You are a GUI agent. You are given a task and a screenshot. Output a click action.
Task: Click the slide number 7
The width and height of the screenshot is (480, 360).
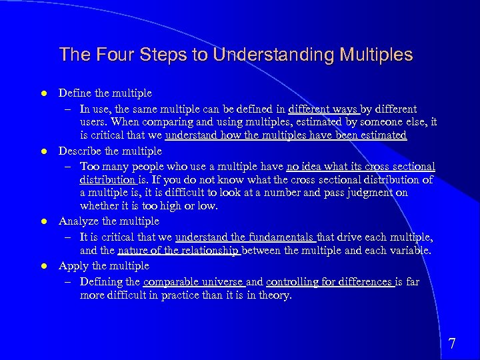pos(452,344)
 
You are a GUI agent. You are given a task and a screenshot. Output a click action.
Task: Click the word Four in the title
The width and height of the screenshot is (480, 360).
pos(105,55)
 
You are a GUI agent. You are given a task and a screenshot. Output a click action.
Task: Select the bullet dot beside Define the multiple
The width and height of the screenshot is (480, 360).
pos(42,94)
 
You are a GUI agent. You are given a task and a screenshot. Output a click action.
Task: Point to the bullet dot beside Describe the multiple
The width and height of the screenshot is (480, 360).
pos(42,152)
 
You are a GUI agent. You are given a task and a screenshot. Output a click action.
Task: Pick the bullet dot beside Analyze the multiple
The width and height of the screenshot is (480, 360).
pos(42,222)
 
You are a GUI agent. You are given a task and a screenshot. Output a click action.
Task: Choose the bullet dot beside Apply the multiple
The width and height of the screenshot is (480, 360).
pos(42,267)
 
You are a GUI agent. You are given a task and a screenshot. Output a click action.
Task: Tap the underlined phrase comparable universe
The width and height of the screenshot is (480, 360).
pos(193,281)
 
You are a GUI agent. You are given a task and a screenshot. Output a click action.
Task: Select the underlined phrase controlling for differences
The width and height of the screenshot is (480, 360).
pos(329,281)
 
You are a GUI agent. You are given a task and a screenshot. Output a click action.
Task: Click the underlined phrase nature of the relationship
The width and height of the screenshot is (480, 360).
pos(177,251)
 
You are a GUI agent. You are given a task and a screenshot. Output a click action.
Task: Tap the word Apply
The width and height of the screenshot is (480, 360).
pos(72,266)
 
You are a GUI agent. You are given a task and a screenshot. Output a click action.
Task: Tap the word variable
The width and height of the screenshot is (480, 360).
pos(409,251)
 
